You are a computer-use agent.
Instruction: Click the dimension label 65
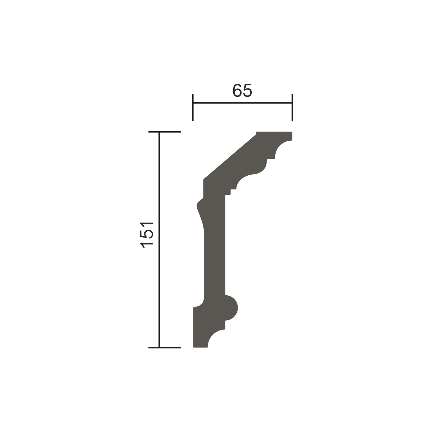242,90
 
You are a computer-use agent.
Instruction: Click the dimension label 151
146,235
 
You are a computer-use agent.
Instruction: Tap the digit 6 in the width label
237,90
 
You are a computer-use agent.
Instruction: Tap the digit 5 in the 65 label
248,90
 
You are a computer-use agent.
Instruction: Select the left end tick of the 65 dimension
193,107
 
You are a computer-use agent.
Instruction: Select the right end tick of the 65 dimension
292,107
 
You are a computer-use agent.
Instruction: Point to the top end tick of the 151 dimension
164,132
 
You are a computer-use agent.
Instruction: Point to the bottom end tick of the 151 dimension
164,348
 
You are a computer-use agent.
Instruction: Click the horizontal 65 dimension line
242,103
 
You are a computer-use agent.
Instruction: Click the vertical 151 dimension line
159,240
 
